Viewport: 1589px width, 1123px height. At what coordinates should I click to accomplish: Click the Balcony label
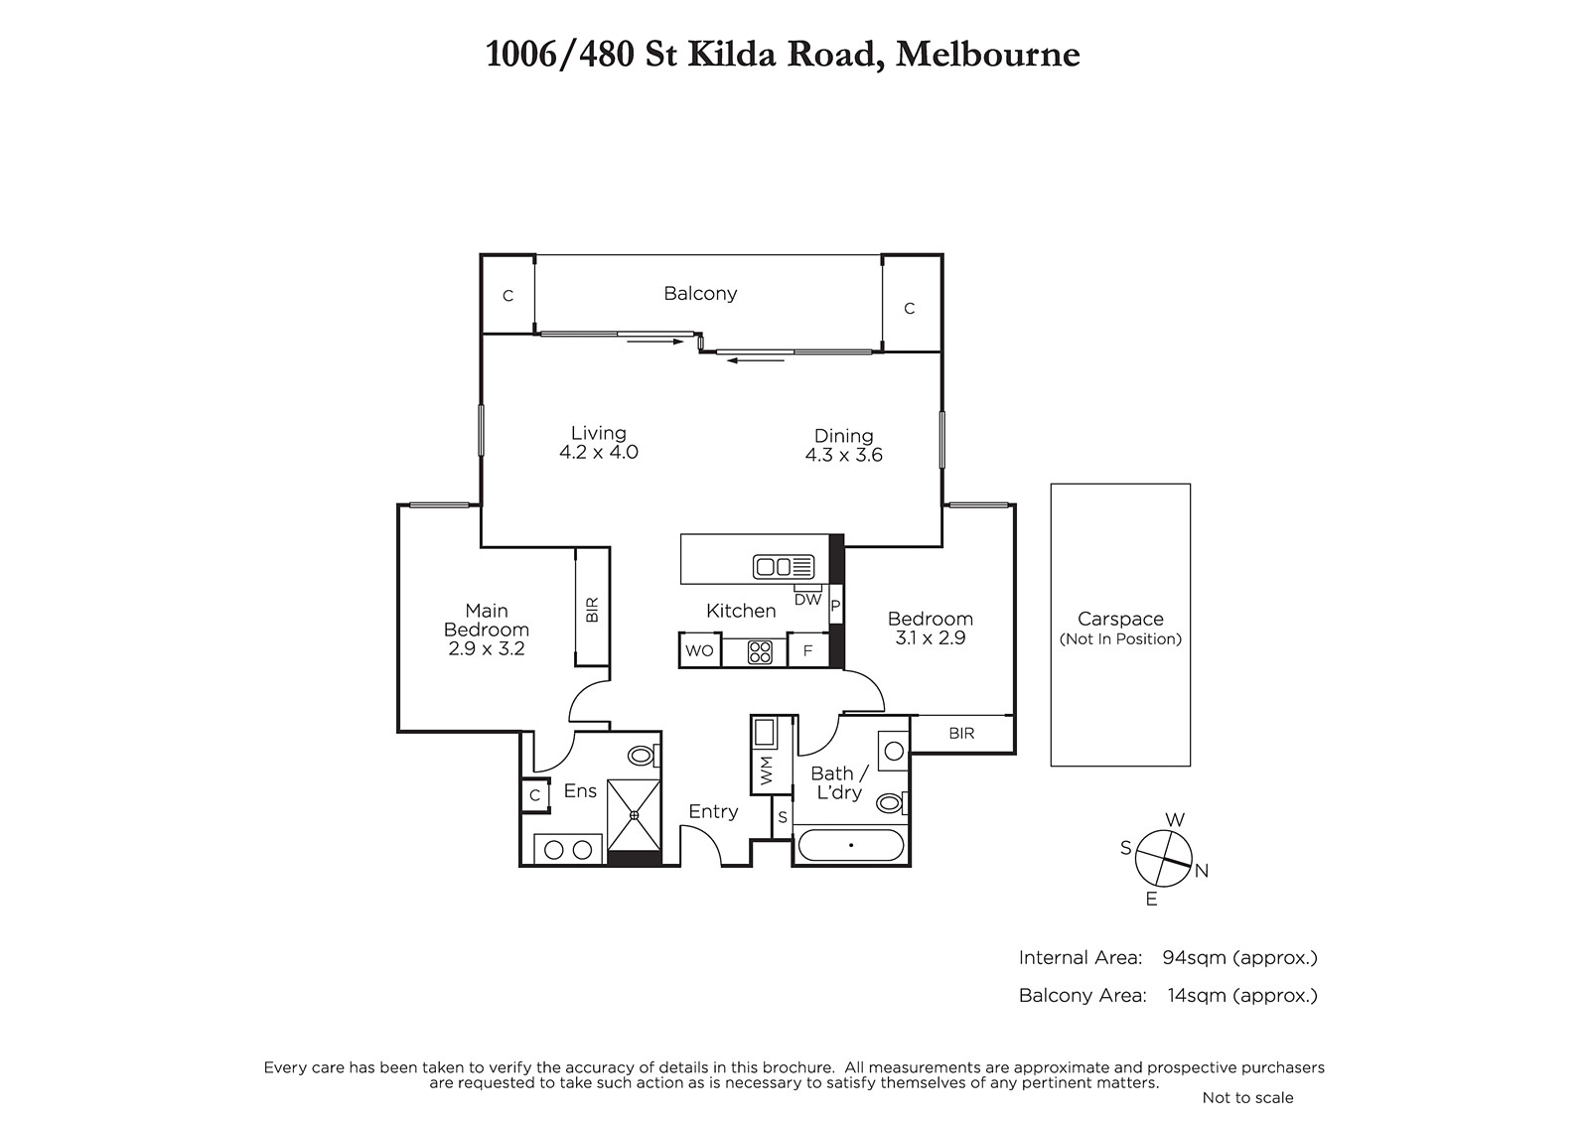[700, 293]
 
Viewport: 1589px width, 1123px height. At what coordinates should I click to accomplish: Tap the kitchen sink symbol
[784, 567]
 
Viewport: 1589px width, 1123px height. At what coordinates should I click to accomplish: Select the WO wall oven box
[700, 650]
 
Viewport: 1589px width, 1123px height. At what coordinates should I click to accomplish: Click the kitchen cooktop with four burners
[760, 652]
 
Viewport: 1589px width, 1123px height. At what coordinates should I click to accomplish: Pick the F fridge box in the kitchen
[807, 650]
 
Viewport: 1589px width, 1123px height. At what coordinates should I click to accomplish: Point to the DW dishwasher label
[807, 600]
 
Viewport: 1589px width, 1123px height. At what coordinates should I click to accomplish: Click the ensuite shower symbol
[635, 815]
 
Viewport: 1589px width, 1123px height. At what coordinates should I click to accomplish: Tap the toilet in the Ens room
[644, 755]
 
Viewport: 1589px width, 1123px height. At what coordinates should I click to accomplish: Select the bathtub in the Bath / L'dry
[850, 845]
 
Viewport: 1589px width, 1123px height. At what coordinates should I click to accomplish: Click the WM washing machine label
[766, 770]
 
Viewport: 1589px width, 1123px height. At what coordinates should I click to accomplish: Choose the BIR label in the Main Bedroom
[592, 610]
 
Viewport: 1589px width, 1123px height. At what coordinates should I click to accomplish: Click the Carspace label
[1120, 619]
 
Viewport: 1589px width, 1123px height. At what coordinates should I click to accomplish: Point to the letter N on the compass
[1201, 871]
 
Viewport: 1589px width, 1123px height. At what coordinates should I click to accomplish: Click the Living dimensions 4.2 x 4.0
[599, 452]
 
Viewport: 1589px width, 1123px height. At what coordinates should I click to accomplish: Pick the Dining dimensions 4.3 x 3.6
[843, 455]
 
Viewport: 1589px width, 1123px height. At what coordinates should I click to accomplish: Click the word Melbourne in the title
[987, 54]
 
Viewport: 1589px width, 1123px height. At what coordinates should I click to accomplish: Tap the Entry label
[713, 811]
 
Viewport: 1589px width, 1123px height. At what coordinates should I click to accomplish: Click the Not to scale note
[1247, 1097]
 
